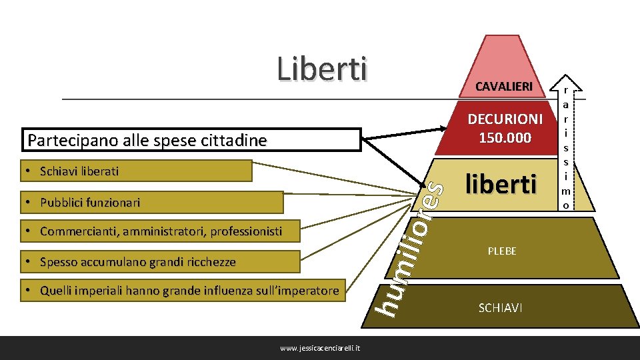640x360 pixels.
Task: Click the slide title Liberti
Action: coord(322,69)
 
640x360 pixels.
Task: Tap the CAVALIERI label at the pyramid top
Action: coord(503,87)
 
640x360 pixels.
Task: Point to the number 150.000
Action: coord(505,138)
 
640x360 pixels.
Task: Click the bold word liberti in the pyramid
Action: coord(500,184)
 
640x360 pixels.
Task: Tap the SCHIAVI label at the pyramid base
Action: coord(500,307)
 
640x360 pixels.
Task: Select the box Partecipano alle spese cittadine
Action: coord(147,141)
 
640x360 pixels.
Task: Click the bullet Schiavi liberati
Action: coord(79,171)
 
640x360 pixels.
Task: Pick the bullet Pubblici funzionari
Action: coord(89,202)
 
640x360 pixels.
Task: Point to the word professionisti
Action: coord(246,231)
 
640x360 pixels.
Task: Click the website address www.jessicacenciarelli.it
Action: coord(321,348)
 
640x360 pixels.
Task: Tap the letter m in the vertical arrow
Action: coord(565,192)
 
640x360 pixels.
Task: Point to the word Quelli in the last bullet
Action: coord(57,290)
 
